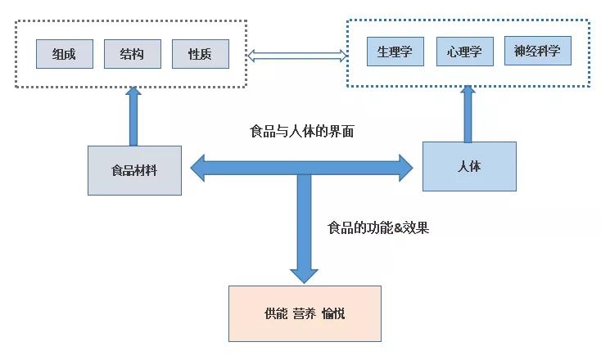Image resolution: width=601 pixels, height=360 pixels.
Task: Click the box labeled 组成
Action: pos(65,54)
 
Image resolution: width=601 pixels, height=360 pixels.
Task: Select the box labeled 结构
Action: pos(133,54)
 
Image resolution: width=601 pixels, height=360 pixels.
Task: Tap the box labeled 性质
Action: pos(201,54)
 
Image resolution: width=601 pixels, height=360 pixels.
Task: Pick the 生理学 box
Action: pos(395,52)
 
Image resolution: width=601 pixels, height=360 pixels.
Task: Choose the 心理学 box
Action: pos(465,52)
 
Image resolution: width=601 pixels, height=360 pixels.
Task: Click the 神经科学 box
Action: pos(537,52)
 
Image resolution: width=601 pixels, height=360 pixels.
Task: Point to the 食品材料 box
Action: pos(134,171)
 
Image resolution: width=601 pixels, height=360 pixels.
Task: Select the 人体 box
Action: pos(469,166)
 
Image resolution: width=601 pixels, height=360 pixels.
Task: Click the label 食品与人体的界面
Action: pos(301,131)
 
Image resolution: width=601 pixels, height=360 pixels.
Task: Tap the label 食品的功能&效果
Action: pos(377,228)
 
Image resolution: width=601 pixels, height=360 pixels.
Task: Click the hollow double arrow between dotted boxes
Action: pos(297,56)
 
